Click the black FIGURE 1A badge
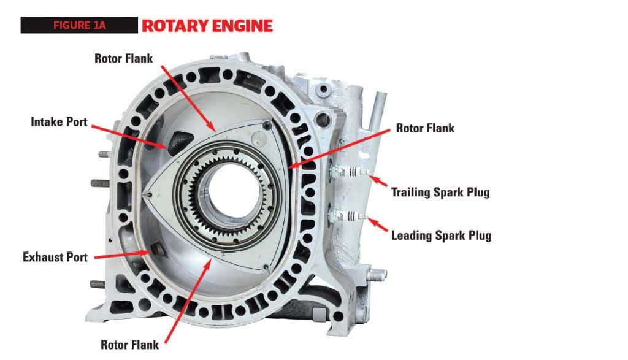pyautogui.click(x=78, y=25)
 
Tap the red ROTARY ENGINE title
pyautogui.click(x=207, y=26)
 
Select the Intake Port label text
pyautogui.click(x=59, y=121)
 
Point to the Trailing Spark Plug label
pyautogui.click(x=440, y=193)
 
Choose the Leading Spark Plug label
pyautogui.click(x=441, y=235)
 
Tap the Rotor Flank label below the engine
pyautogui.click(x=129, y=345)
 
